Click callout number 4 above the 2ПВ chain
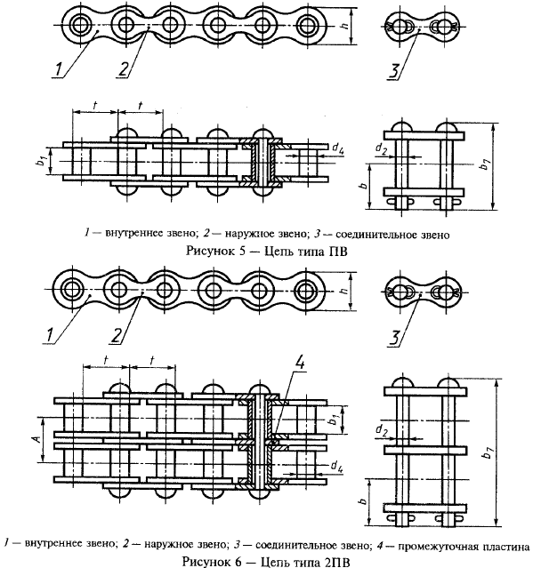pos(299,363)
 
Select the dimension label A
pos(36,439)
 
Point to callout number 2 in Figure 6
pos(117,335)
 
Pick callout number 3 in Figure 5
pos(394,71)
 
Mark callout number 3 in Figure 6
pos(394,338)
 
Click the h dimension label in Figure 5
pos(345,25)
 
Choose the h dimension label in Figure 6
pos(344,290)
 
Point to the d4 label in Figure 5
pos(337,148)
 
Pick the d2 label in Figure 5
pos(381,148)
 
